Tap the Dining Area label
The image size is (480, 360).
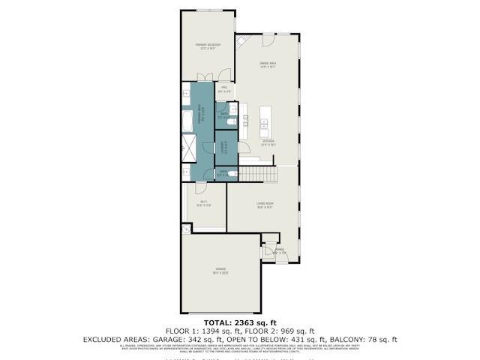coord(268,64)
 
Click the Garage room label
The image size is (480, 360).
coord(220,268)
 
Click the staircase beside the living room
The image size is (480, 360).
coord(259,175)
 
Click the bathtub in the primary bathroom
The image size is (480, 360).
coord(187,120)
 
